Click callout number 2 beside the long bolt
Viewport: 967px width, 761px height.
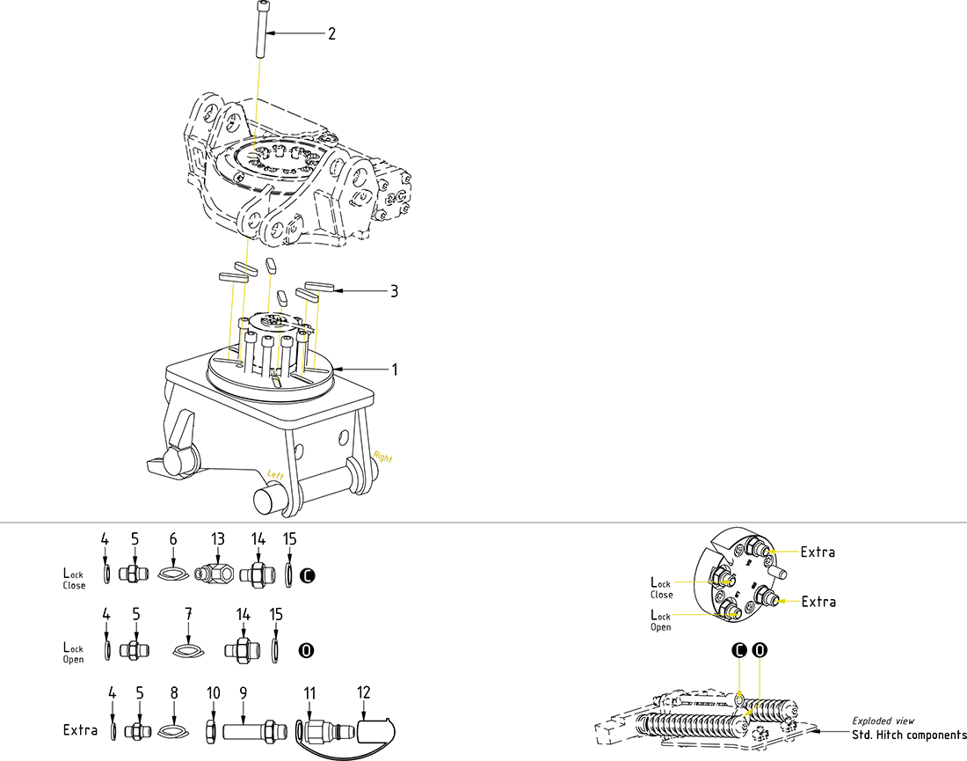(x=331, y=34)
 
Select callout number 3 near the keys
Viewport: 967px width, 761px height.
(x=394, y=291)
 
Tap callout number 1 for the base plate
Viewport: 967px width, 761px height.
(x=394, y=370)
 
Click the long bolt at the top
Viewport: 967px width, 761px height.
(x=263, y=31)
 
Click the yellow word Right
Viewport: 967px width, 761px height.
(x=382, y=457)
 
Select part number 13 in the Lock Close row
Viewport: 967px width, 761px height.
(x=218, y=538)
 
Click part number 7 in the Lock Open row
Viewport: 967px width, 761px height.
(x=188, y=613)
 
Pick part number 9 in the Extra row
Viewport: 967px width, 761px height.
(x=243, y=692)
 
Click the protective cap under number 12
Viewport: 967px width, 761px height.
(x=376, y=730)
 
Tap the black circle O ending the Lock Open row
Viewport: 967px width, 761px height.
(x=307, y=651)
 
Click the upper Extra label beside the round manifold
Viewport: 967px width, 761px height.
(x=818, y=552)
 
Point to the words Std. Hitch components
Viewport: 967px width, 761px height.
(x=909, y=735)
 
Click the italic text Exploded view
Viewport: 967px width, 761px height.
(x=883, y=721)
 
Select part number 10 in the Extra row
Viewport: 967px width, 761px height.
(x=213, y=692)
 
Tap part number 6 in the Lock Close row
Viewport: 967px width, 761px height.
(x=173, y=538)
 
